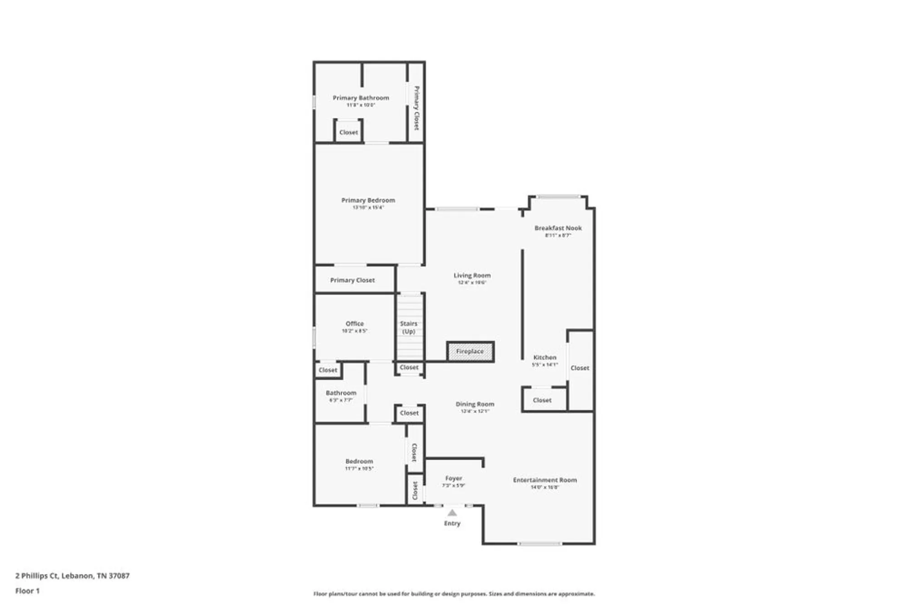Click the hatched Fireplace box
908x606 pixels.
coord(470,352)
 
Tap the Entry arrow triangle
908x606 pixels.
coord(452,513)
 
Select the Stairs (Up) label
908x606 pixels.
coord(409,327)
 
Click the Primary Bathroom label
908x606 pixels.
coord(361,98)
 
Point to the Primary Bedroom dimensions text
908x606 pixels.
coord(368,208)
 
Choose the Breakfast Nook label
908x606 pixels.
coord(558,228)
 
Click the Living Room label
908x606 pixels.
coord(472,275)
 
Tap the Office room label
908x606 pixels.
coord(355,323)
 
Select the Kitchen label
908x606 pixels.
coord(545,358)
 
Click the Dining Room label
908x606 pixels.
coord(475,404)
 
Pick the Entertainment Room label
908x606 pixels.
coord(545,480)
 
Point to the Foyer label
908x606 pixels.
coord(454,478)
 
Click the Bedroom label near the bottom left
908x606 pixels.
coord(359,461)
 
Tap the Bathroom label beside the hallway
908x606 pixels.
coord(341,393)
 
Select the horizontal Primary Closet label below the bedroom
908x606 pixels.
coord(352,280)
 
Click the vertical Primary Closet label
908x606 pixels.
coord(416,108)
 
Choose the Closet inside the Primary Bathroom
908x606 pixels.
coord(349,133)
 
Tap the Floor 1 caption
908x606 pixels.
coord(27,591)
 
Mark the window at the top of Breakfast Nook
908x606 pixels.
coord(559,197)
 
